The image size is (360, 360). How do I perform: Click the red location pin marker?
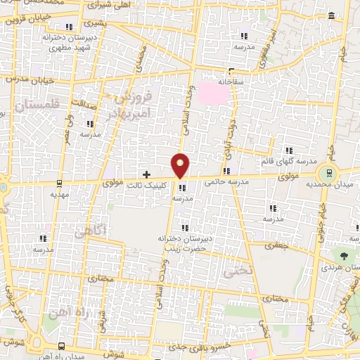click(x=181, y=164)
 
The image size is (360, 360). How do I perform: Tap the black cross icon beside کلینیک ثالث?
click(x=146, y=174)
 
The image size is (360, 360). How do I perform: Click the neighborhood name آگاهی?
click(x=91, y=231)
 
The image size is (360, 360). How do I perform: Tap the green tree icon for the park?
click(x=345, y=257)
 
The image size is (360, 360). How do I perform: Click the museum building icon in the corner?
click(x=331, y=15)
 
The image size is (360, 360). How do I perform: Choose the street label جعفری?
click(x=274, y=246)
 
